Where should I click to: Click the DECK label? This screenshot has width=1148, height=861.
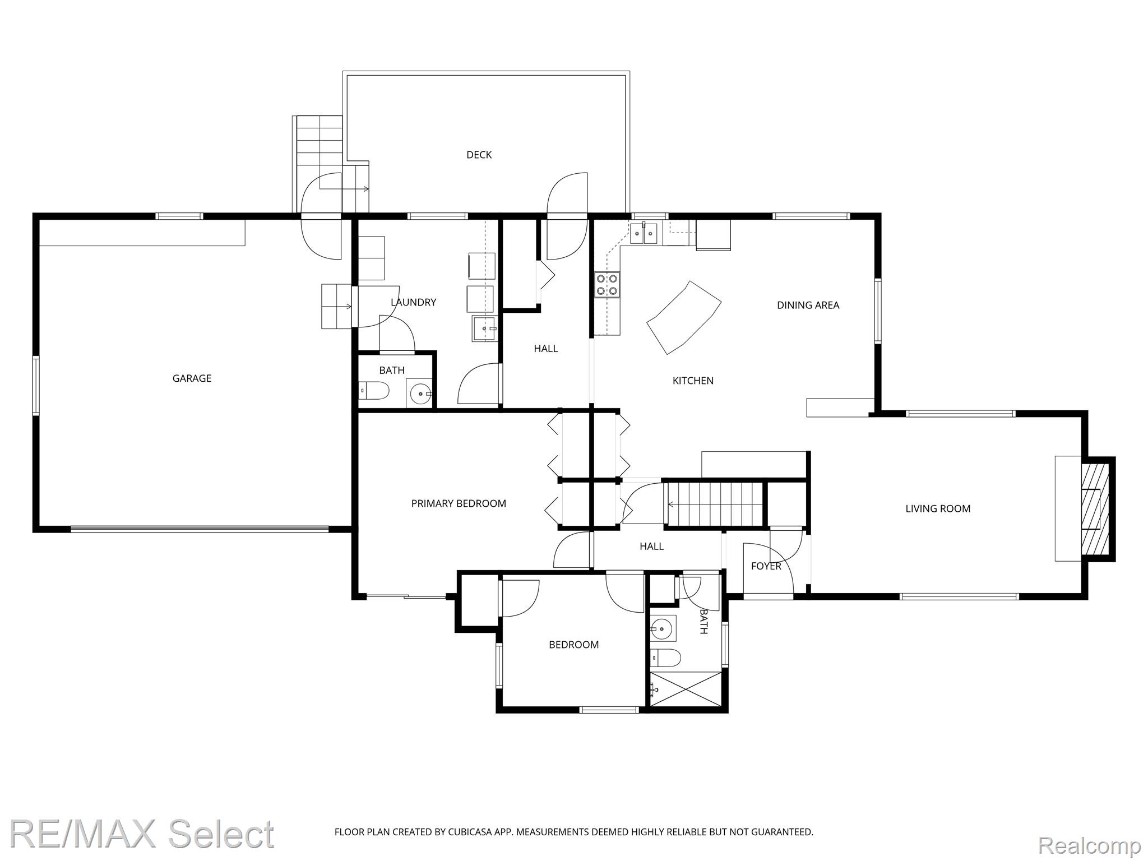[479, 155]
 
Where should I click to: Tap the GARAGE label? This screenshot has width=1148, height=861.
[192, 378]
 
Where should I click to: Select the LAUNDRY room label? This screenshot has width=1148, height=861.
[413, 302]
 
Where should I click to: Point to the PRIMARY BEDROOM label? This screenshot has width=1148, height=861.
[459, 503]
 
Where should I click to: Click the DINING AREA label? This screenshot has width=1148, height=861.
[808, 305]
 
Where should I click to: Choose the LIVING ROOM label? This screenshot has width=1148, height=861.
[938, 508]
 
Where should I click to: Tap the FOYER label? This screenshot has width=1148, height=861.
[766, 566]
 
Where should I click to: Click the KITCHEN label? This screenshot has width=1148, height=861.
[693, 381]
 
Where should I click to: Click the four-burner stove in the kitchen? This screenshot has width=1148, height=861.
[607, 284]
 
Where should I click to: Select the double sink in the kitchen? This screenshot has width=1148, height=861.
[644, 233]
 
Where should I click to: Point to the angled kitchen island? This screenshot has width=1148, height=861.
[684, 317]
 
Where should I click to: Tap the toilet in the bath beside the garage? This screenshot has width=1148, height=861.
[374, 390]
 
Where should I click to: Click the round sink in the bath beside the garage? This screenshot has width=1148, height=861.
[420, 394]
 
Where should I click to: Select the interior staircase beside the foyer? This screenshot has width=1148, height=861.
[715, 504]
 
